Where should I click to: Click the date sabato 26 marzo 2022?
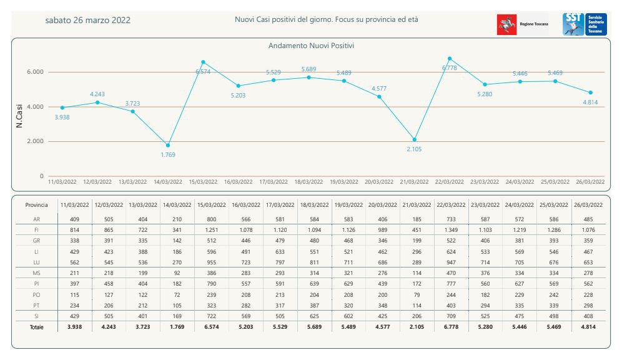coord(88,20)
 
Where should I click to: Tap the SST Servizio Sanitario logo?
coord(585,24)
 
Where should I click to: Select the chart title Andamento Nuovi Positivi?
coord(312,46)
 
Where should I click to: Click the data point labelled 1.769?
coord(168,145)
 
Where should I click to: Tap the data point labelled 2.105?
coord(415,139)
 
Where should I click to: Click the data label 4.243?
coord(97,94)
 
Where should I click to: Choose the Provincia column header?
coord(37,205)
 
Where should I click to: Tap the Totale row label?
coord(37,327)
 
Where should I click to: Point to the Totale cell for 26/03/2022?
coord(589,327)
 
